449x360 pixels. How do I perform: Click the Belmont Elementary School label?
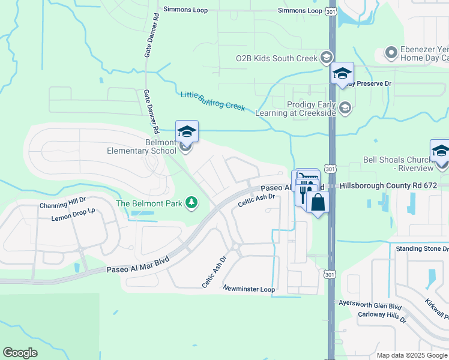(x=142, y=146)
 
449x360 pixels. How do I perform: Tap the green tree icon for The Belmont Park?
(x=191, y=203)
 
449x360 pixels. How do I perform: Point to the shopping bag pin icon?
(x=318, y=202)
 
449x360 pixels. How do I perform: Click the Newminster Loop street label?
(x=249, y=289)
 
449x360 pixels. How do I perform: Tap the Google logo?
(x=20, y=353)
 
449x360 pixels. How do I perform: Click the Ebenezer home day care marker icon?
(x=391, y=53)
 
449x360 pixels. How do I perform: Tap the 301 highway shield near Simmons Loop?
(x=331, y=11)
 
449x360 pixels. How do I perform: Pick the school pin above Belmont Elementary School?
(x=187, y=131)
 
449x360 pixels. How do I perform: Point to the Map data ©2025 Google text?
(x=411, y=355)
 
